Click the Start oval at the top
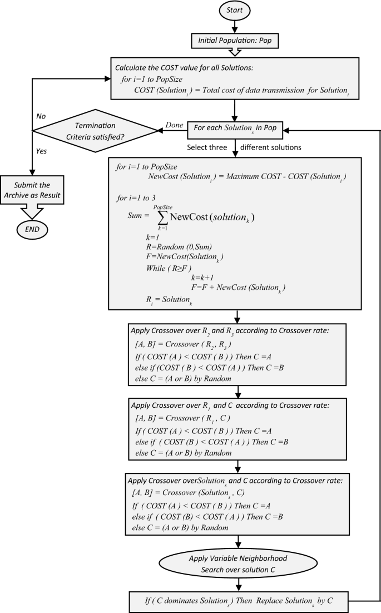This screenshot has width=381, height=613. pyautogui.click(x=237, y=11)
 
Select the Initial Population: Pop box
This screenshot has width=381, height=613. pyautogui.click(x=237, y=41)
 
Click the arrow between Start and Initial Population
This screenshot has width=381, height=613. pyautogui.click(x=237, y=26)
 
